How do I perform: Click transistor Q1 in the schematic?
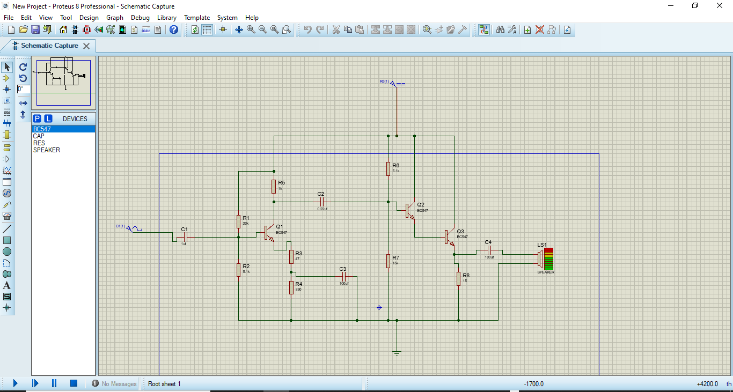tap(269, 233)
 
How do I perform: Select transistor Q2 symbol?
tap(409, 210)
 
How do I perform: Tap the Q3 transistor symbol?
tap(449, 237)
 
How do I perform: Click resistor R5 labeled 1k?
tap(274, 186)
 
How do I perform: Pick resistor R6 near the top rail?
tap(388, 169)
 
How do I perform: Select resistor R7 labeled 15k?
tap(388, 261)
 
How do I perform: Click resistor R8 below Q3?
tap(459, 278)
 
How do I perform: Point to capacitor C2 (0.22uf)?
tap(321, 202)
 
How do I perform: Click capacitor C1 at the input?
tap(185, 237)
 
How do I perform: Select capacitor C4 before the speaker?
tap(489, 250)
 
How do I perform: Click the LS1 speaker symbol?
tap(546, 258)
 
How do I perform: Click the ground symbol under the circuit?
tap(397, 352)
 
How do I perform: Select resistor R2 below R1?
tap(238, 270)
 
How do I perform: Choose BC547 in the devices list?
tap(42, 129)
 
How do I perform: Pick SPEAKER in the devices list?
tap(47, 150)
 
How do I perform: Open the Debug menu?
tap(140, 17)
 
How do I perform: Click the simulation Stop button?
tap(74, 383)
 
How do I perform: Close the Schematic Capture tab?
tap(86, 46)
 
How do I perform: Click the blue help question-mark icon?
tap(174, 29)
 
